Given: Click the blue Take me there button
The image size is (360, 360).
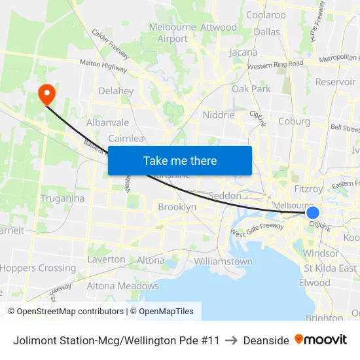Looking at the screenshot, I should click(x=180, y=160).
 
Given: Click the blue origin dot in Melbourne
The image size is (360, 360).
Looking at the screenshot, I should click(x=313, y=213).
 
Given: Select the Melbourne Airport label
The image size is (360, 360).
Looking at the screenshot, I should click(x=173, y=33).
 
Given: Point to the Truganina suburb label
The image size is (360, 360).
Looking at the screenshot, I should click(x=62, y=198).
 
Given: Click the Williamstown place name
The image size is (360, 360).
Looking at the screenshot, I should click(x=223, y=261).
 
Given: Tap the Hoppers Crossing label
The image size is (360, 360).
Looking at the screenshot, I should click(x=38, y=268).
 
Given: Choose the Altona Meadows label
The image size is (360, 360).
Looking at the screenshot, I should click(x=123, y=285).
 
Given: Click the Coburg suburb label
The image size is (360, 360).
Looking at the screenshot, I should click(x=294, y=121).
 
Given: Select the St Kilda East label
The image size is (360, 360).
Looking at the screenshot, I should click(x=330, y=268).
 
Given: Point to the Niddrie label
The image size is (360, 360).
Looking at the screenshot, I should click(x=219, y=115).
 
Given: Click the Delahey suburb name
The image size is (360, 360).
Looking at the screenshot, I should click(x=116, y=91).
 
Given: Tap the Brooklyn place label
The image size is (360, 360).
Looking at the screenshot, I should click(x=177, y=207).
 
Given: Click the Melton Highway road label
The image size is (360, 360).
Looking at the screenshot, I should click(x=103, y=63).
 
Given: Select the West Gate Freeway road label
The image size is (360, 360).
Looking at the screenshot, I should click(x=257, y=230).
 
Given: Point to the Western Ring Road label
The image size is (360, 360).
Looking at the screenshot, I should click(x=276, y=64).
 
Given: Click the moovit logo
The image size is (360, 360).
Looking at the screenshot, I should click(x=321, y=340).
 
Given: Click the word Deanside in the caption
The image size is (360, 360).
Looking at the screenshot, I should click(x=266, y=340).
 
